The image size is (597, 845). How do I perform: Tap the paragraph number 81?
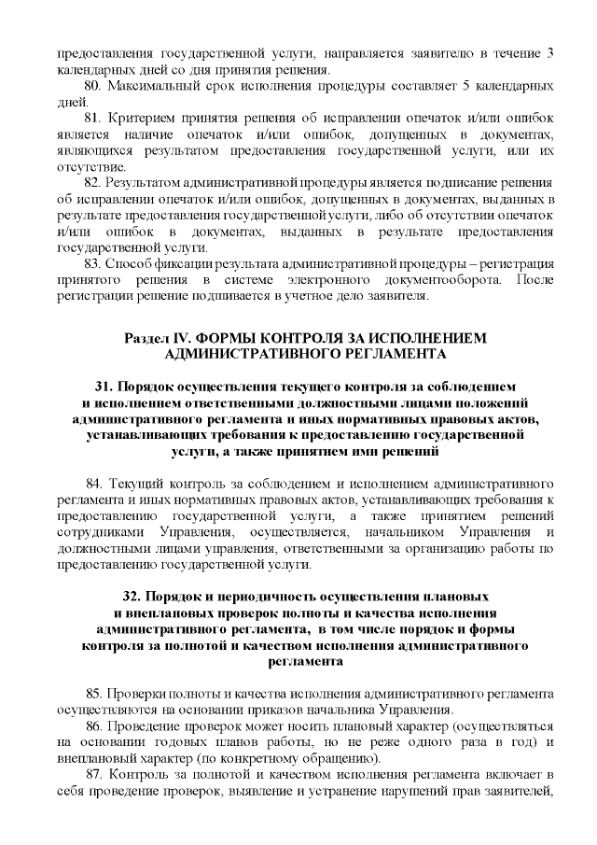92,120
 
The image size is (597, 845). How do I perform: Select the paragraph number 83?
92,265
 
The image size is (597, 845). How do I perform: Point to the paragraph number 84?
93,483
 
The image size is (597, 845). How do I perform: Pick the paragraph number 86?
92,725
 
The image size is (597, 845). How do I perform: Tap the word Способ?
131,265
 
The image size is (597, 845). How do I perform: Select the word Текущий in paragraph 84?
136,483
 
